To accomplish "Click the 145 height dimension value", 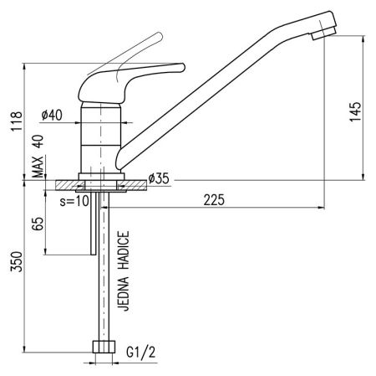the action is [356, 111].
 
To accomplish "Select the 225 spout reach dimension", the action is [214, 200].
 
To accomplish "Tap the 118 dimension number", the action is [16, 121].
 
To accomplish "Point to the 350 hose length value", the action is [16, 261].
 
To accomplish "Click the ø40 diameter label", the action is [52, 115].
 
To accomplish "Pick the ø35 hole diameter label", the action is [159, 178].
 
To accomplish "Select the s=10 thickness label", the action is [74, 201].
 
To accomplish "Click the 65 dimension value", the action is [38, 224].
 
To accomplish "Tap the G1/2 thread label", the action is [141, 353].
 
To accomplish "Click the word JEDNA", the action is [124, 294].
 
